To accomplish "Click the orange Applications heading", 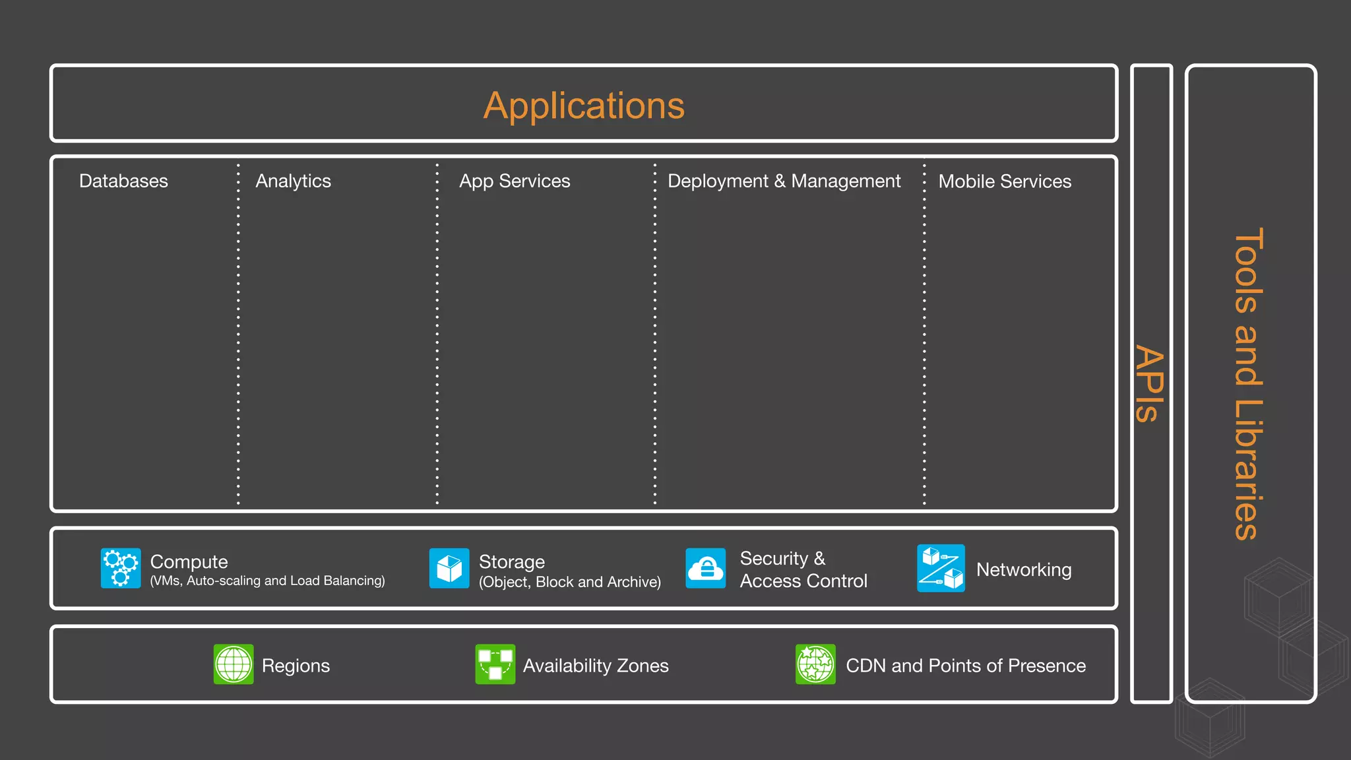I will point(584,106).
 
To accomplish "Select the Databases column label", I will point(123,181).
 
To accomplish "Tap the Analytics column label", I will point(293,181).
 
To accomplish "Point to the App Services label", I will point(515,181).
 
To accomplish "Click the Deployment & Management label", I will point(784,181).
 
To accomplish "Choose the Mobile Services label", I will point(1005,181).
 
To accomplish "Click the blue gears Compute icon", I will point(121,568).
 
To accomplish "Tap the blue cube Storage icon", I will point(449,568).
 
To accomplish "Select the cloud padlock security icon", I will point(705,568).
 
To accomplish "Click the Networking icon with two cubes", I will point(941,568).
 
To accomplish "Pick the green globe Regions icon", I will point(234,664).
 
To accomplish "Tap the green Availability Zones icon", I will point(495,664).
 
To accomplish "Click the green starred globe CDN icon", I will point(815,664).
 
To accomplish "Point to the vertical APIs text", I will point(1150,384).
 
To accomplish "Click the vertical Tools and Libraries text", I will point(1249,384).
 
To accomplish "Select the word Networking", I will point(1024,569).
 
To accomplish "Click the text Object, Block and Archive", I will point(570,582).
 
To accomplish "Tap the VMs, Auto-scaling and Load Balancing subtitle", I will point(267,581).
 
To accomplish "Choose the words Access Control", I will point(803,581).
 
